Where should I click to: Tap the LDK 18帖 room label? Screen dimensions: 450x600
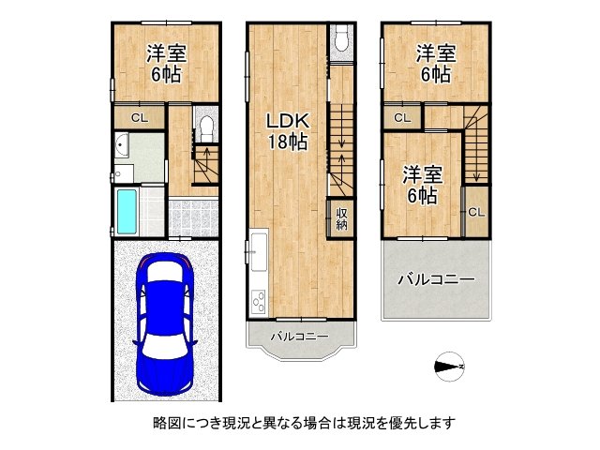click(286, 131)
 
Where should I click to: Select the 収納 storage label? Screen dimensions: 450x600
click(342, 218)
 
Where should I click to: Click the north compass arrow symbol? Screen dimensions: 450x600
click(450, 367)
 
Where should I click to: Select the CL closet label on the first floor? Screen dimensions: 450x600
click(139, 118)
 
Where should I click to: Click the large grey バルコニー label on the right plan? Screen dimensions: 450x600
click(435, 279)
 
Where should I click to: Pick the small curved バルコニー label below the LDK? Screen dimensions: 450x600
click(300, 336)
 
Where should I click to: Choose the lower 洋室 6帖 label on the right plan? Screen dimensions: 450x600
click(422, 185)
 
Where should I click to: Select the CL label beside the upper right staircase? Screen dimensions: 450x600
click(401, 118)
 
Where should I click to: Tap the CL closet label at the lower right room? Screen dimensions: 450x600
click(476, 212)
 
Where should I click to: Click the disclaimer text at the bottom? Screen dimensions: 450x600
click(299, 423)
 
